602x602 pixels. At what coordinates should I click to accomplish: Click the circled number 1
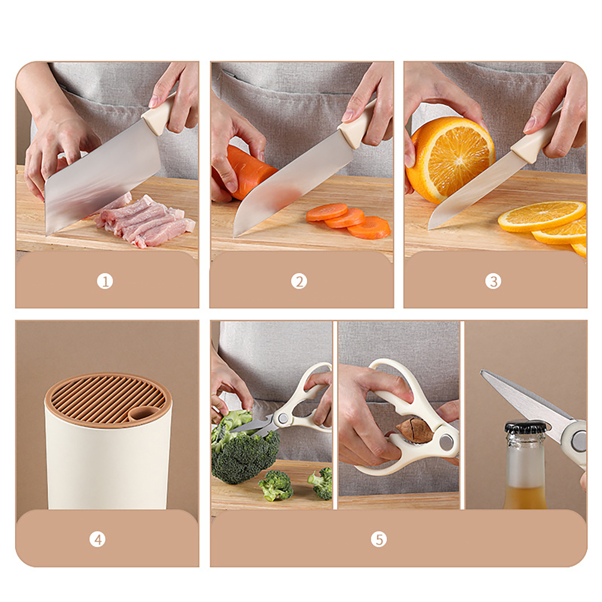[105, 281]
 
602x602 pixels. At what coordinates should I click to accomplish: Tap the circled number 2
[299, 281]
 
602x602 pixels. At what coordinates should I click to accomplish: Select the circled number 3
[493, 281]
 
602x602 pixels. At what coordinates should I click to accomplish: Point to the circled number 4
[97, 540]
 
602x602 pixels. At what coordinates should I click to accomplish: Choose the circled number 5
[379, 540]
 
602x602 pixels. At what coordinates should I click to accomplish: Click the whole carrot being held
[245, 171]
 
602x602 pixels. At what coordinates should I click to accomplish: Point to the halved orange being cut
[450, 158]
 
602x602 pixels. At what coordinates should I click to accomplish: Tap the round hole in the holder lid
[139, 415]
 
